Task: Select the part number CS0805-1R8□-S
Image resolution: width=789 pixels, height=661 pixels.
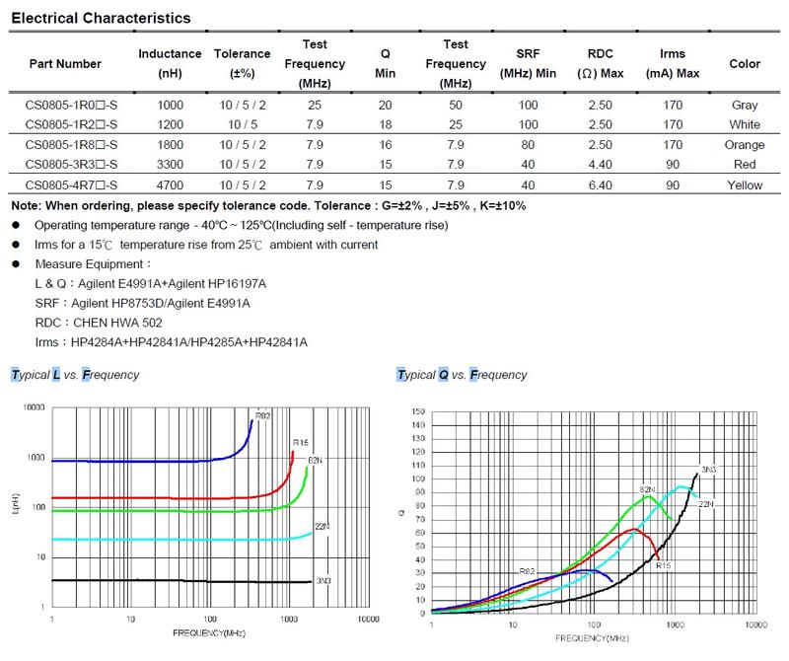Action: tap(72, 144)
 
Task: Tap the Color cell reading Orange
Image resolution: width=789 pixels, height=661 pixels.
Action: tap(745, 144)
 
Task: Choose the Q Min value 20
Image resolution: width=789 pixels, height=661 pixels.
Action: tap(386, 105)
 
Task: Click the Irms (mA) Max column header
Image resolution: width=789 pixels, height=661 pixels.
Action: tap(673, 63)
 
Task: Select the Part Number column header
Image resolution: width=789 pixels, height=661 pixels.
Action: tap(65, 63)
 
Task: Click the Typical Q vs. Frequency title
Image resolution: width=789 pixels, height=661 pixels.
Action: tap(461, 375)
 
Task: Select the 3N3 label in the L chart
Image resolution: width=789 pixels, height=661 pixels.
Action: tap(323, 582)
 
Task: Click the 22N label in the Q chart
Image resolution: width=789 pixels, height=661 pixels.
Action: tap(706, 504)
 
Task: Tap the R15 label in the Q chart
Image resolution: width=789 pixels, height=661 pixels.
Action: tap(663, 564)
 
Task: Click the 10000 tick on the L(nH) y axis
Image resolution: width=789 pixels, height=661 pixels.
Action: tap(35, 407)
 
